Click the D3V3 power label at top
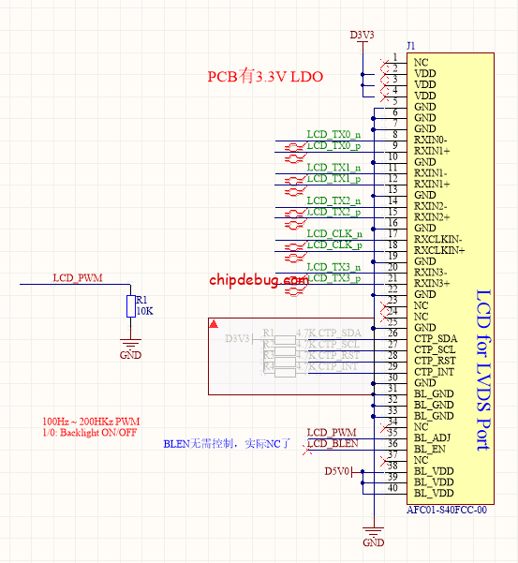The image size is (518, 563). tap(362, 35)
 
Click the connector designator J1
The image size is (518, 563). tap(411, 46)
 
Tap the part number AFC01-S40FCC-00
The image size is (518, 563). tap(448, 511)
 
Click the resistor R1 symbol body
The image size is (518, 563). tap(130, 306)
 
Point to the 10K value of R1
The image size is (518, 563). tap(144, 310)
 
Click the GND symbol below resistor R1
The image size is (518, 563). tap(130, 348)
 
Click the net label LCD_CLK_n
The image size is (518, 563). tap(334, 233)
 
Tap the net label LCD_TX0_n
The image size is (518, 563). tap(334, 134)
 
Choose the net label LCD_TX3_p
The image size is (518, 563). tap(334, 278)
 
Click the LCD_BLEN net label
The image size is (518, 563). tap(333, 443)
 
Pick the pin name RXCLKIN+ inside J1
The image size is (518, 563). tap(439, 250)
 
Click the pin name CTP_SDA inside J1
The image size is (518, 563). tap(436, 338)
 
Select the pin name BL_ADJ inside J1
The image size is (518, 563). tap(433, 437)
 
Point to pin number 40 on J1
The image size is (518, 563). tap(392, 487)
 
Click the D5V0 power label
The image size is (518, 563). tap(337, 471)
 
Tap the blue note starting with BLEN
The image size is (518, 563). tap(229, 443)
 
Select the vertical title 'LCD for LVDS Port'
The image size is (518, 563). tap(483, 370)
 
